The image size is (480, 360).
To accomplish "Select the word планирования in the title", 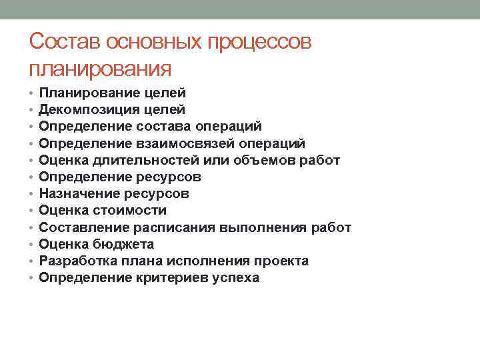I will click(x=100, y=69).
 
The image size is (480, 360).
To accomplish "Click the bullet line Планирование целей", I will click(x=112, y=93).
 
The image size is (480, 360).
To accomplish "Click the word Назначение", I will click(x=79, y=193).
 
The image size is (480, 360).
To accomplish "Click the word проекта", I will click(x=281, y=261).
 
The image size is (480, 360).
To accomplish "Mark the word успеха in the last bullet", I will click(x=235, y=277).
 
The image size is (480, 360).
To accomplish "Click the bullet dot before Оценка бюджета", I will click(x=32, y=244).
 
